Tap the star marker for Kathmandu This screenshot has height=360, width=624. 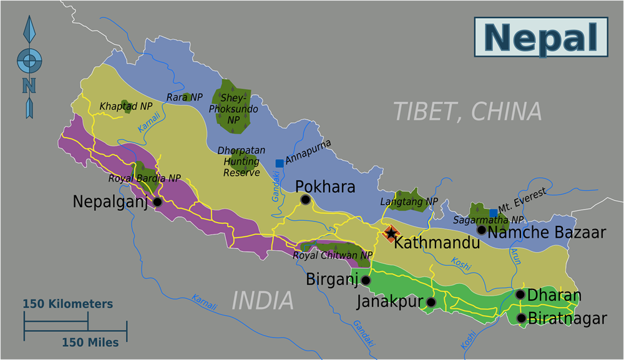[391, 234]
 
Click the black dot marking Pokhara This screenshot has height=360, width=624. [305, 200]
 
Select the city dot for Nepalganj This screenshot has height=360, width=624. [157, 202]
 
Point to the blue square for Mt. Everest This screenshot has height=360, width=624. [494, 213]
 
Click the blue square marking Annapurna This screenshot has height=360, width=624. [280, 163]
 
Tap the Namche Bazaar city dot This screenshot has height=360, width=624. [481, 230]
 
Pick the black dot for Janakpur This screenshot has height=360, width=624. [431, 302]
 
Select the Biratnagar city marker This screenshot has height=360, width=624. [521, 318]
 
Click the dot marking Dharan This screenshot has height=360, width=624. [520, 294]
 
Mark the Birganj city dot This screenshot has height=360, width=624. [364, 280]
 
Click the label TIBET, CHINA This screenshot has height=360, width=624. [467, 111]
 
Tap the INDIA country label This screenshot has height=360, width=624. [262, 301]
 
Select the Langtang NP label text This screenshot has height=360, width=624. [409, 202]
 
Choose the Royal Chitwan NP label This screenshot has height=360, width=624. [332, 255]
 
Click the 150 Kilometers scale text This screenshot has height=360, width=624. [68, 304]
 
